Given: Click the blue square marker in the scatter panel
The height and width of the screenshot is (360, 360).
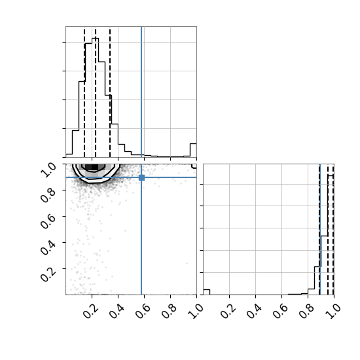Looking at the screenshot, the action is point(141,177).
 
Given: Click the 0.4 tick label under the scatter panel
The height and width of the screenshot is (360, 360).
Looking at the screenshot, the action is point(117,311).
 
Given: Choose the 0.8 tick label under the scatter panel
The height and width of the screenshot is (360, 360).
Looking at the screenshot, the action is point(169,311).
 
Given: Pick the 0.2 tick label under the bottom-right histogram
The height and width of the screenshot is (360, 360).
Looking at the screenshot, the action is point(228,311).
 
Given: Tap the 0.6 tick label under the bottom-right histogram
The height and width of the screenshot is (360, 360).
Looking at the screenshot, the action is point(280,311).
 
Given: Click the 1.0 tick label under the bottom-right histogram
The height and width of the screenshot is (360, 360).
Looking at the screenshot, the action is point(333,311).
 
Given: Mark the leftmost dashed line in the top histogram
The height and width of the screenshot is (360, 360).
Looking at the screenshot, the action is point(84,92).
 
